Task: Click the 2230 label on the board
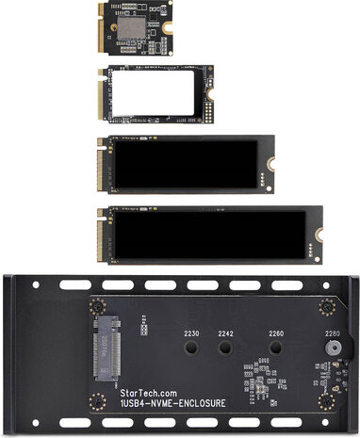(191, 333)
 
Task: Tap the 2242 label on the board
(225, 333)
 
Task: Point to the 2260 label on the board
(276, 333)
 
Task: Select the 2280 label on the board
(333, 333)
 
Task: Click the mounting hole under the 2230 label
(191, 348)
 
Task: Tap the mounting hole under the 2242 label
(225, 348)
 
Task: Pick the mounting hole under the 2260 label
(276, 348)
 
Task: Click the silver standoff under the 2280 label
(334, 348)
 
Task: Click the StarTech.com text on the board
(148, 393)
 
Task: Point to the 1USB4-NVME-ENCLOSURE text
(172, 403)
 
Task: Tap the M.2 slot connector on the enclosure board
(107, 348)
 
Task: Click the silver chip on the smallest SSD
(132, 27)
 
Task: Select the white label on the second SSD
(153, 93)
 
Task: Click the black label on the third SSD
(186, 164)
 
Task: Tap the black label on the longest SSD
(210, 235)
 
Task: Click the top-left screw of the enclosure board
(97, 306)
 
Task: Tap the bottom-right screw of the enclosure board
(327, 401)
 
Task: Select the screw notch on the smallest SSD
(168, 27)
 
